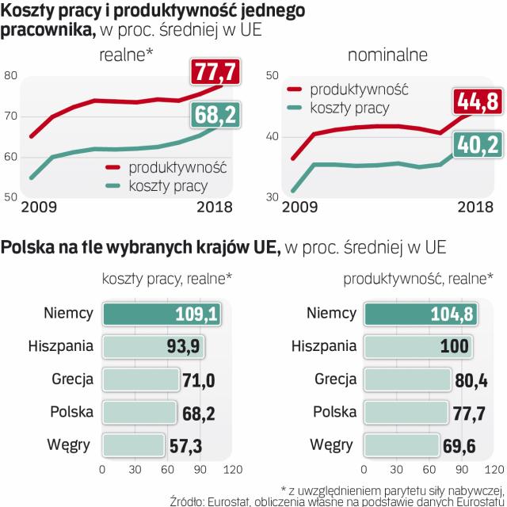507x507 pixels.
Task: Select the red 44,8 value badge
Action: click(475, 103)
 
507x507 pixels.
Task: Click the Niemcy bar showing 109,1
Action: click(162, 314)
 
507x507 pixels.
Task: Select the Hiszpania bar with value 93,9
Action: click(153, 346)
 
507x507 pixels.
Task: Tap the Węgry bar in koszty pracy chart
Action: click(132, 444)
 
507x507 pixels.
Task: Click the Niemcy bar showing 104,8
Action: click(421, 314)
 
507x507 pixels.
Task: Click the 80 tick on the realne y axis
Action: click(10, 76)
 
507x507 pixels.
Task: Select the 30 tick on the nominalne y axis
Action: click(270, 197)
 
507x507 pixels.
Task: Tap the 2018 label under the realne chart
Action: click(214, 208)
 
